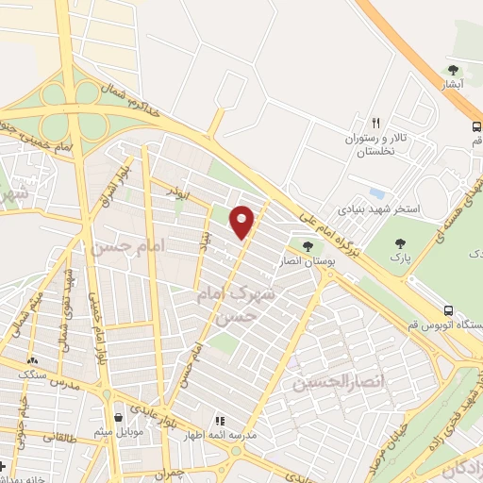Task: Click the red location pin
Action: point(242,222)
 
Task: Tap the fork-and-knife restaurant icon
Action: point(375,123)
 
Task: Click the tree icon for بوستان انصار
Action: point(308,246)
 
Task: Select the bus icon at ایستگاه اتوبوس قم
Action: point(449,310)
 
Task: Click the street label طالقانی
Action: point(56,438)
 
